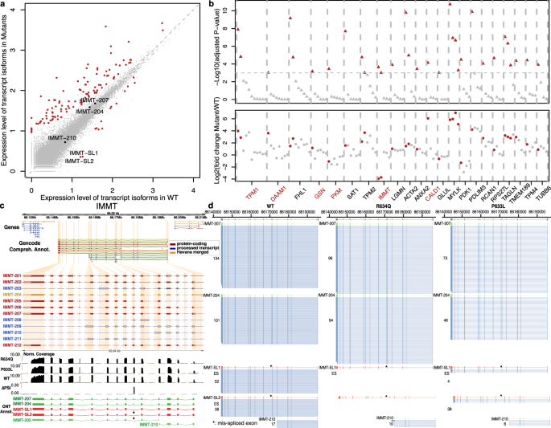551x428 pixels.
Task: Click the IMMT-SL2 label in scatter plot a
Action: pyautogui.click(x=80, y=161)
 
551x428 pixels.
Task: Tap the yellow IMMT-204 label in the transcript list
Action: pyautogui.click(x=11, y=294)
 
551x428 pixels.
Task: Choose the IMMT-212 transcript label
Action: pyautogui.click(x=11, y=344)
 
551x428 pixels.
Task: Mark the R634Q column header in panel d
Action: pyautogui.click(x=384, y=206)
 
